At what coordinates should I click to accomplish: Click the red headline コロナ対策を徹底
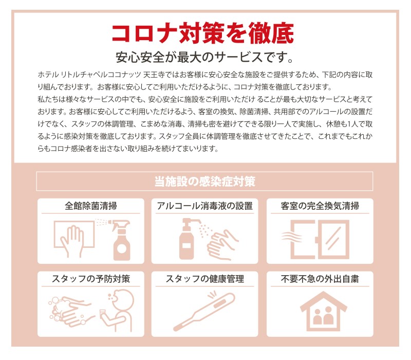tap(202, 33)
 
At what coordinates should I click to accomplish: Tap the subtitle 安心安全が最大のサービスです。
tap(204, 57)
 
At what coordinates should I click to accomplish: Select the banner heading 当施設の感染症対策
tap(204, 182)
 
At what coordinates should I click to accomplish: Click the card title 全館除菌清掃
tap(91, 206)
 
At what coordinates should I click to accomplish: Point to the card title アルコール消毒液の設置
tap(204, 206)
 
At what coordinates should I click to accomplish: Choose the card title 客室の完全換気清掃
tap(320, 206)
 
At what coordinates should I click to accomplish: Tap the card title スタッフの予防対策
tap(91, 279)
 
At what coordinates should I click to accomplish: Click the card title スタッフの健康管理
tap(204, 279)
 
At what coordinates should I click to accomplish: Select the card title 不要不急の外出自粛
tap(320, 279)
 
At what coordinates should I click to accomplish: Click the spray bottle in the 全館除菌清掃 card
tap(121, 241)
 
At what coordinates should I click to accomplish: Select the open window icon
tap(320, 239)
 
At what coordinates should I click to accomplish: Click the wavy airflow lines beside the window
tap(291, 237)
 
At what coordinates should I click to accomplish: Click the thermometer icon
tap(204, 312)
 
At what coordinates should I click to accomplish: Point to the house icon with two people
tap(324, 311)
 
